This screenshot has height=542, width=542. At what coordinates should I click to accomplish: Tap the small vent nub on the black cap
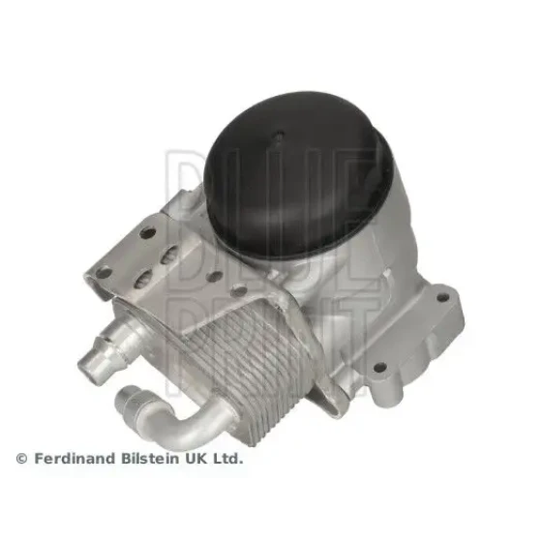[279, 135]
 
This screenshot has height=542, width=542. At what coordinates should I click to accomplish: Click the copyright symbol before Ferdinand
[21, 459]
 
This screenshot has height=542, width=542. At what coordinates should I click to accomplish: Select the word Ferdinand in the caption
[75, 459]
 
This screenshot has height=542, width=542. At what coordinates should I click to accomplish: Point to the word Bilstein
[150, 459]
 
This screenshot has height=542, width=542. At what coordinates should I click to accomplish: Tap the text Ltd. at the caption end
[227, 459]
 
